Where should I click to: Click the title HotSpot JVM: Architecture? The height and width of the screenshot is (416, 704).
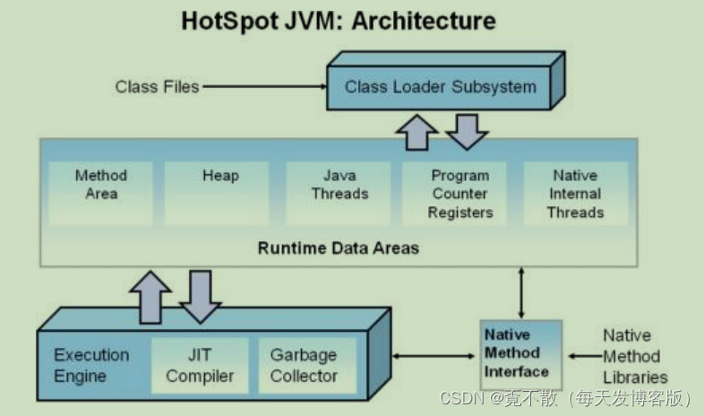pos(339,22)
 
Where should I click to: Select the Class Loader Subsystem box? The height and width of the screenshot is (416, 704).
pos(440,87)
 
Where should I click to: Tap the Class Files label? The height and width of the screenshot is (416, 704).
pos(157,87)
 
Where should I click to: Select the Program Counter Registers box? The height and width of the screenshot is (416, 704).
pos(459,194)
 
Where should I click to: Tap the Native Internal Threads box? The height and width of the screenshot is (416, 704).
pos(575,194)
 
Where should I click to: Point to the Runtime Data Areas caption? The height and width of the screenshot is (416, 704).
pos(338,247)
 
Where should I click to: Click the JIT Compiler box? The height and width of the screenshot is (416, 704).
pos(199,365)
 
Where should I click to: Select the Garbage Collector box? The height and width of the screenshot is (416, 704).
pos(304,365)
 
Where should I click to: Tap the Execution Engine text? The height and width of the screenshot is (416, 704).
pos(91,365)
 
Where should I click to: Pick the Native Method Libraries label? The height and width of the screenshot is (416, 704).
pos(634,356)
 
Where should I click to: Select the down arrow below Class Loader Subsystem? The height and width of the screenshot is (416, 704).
pos(466,131)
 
